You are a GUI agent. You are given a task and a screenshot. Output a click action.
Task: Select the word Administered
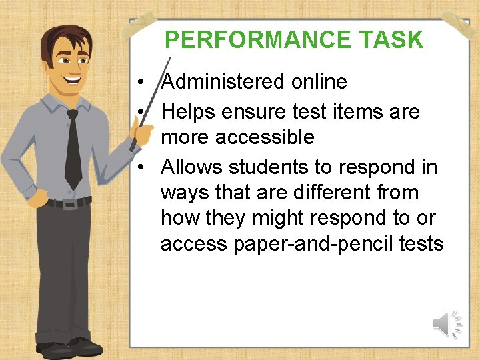(223, 82)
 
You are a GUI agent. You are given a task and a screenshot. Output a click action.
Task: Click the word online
(319, 82)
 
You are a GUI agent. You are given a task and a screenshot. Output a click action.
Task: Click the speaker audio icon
(447, 324)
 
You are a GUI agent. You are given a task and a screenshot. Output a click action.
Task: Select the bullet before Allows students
(144, 167)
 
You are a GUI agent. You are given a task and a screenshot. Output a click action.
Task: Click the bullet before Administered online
(144, 83)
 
